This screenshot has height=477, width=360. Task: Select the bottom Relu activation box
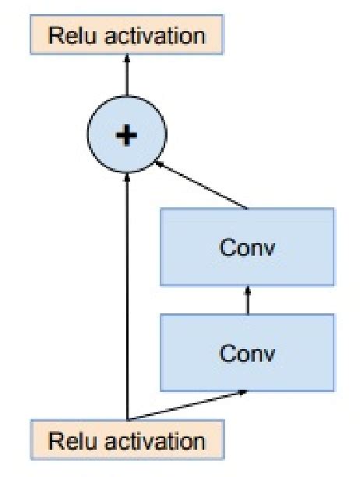(x=126, y=440)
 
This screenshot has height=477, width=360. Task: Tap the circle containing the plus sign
(x=125, y=136)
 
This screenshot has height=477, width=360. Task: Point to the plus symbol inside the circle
(x=125, y=136)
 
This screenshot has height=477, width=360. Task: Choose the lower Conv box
(x=247, y=352)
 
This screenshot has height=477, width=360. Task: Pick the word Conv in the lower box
(x=247, y=352)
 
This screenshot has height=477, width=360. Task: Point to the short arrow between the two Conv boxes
(x=247, y=300)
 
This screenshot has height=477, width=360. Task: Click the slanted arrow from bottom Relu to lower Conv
(x=187, y=405)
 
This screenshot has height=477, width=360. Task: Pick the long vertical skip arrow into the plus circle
(x=126, y=296)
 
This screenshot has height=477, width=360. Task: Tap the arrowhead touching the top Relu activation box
(x=125, y=60)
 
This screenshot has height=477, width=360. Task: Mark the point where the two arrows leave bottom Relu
(x=126, y=419)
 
